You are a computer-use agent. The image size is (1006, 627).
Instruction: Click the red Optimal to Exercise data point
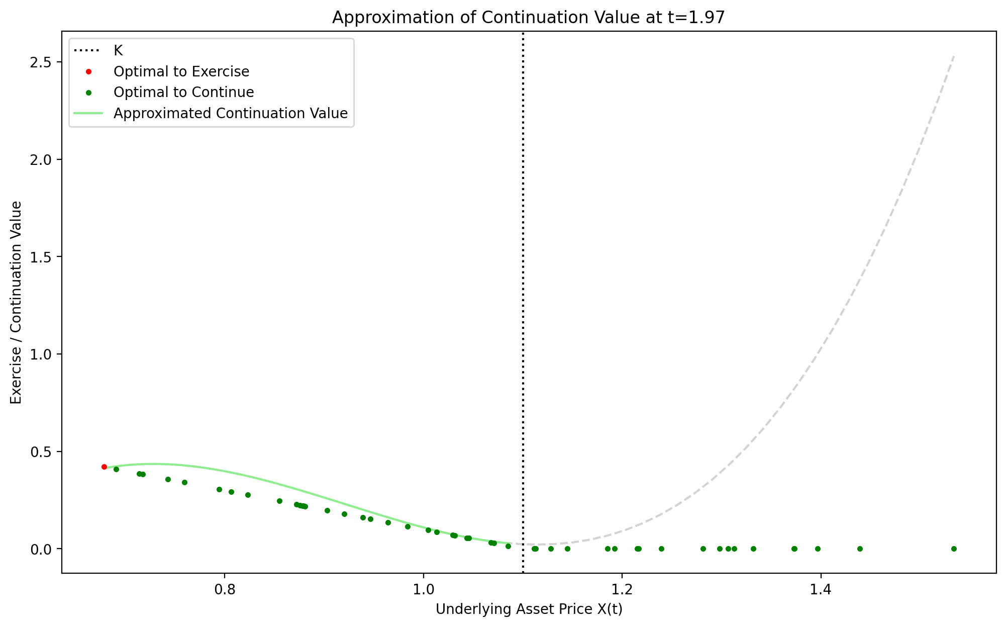click(x=104, y=467)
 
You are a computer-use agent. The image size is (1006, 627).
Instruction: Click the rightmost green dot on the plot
click(x=954, y=549)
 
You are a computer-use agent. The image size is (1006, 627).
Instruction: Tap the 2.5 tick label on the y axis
click(x=44, y=62)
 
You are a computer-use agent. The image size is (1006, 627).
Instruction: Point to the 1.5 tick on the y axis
click(x=44, y=257)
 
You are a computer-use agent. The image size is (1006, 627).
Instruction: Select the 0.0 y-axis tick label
click(x=44, y=549)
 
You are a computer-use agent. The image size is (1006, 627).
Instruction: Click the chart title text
click(x=529, y=18)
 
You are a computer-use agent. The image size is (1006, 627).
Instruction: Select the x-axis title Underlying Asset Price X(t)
click(x=529, y=609)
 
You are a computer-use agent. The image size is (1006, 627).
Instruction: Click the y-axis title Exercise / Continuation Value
click(x=16, y=302)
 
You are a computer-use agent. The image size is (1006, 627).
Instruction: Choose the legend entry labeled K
click(x=118, y=50)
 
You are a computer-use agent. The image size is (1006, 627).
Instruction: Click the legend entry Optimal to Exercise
click(x=181, y=71)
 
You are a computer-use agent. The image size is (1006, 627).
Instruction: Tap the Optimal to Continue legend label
click(x=183, y=93)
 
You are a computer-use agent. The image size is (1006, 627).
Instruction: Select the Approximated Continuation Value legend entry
click(x=230, y=114)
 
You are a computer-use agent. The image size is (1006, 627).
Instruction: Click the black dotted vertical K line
click(x=523, y=302)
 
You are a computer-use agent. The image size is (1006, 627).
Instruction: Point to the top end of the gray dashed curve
click(x=953, y=57)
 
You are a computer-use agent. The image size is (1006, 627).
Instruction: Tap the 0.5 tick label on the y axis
click(x=44, y=452)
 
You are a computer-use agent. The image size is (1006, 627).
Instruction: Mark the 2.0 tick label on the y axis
click(x=44, y=160)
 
